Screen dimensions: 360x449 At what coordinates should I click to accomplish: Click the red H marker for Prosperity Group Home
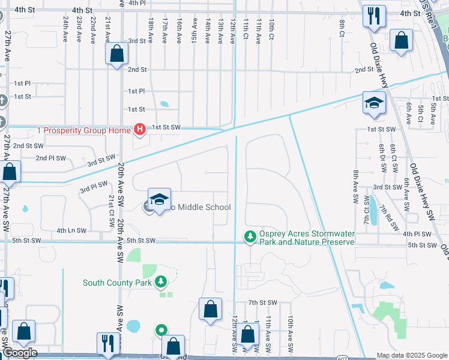pyautogui.click(x=140, y=129)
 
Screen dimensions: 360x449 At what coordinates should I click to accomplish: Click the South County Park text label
pyautogui.click(x=117, y=283)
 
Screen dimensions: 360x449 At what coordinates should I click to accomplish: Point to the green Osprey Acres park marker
pyautogui.click(x=250, y=238)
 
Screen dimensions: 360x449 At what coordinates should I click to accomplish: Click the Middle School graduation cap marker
pyautogui.click(x=160, y=200)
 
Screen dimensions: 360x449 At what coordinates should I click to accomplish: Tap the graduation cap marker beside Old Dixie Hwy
pyautogui.click(x=373, y=103)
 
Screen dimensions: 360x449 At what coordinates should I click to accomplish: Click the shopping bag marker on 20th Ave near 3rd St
pyautogui.click(x=116, y=53)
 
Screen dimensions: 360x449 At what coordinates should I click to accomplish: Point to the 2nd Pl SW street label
pyautogui.click(x=49, y=158)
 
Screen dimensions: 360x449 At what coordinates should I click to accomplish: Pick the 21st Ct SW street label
pyautogui.click(x=111, y=211)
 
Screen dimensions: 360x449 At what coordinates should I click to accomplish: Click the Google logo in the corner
pyautogui.click(x=19, y=353)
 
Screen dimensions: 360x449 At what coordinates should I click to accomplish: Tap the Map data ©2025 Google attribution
pyautogui.click(x=412, y=355)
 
